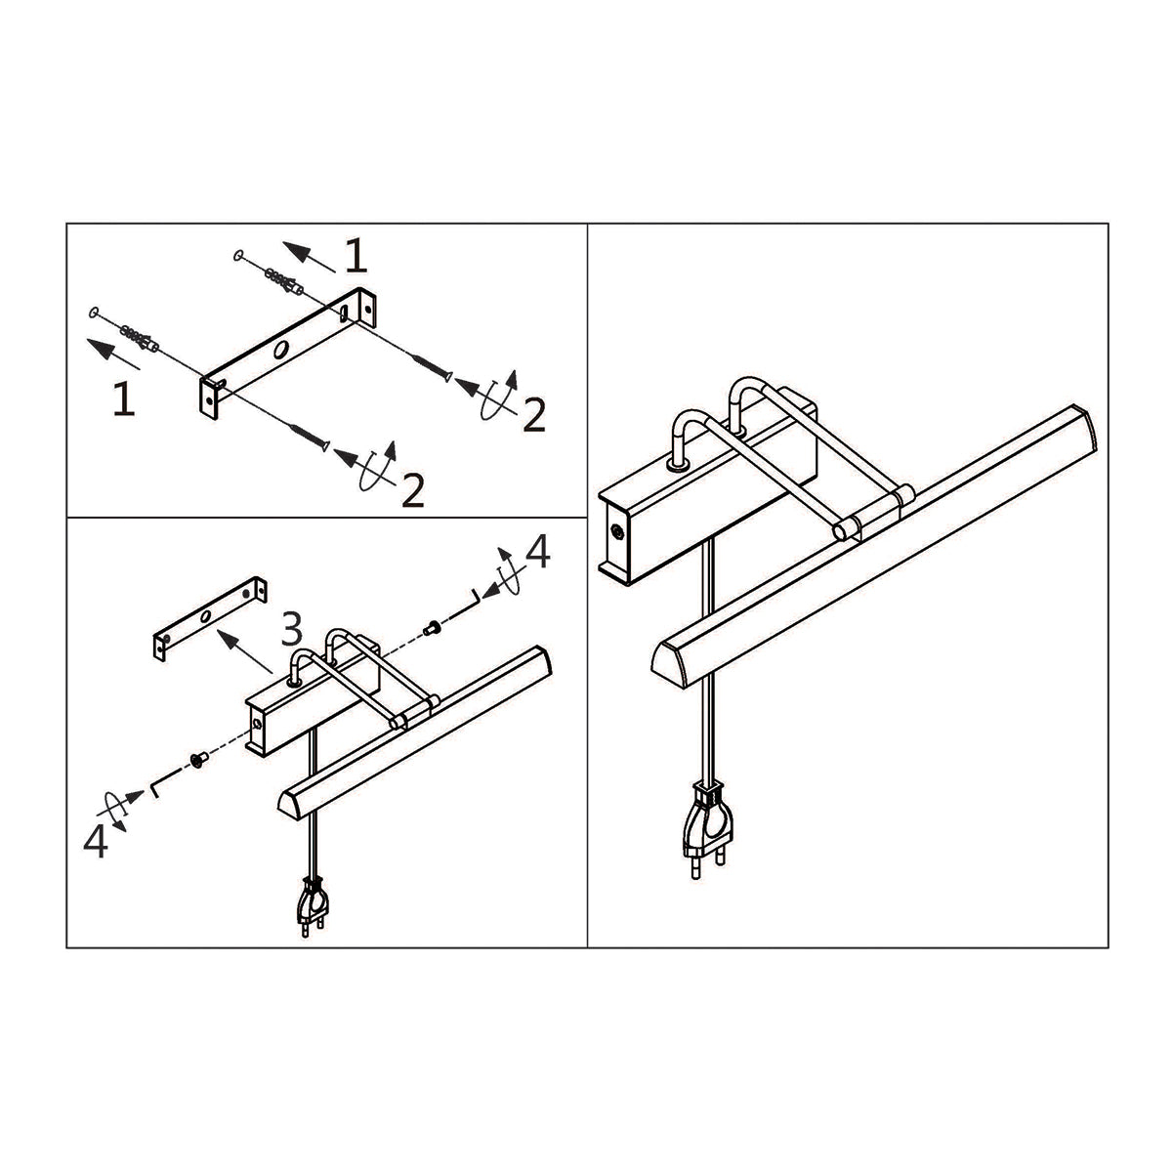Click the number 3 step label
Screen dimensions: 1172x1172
pos(291,630)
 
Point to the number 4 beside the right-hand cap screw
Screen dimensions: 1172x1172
pos(537,554)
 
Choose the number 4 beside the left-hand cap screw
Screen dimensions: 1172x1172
pos(95,841)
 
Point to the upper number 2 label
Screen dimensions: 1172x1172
pos(533,416)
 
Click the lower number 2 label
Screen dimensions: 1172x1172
pos(413,490)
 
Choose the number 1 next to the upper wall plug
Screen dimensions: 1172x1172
pos(356,256)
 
